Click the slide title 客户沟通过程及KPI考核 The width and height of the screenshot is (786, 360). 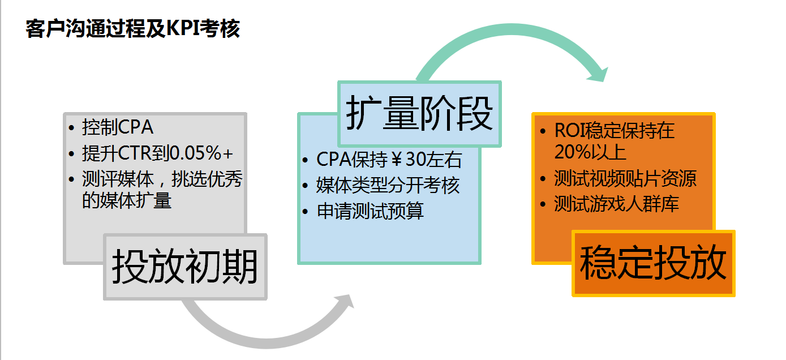(x=132, y=29)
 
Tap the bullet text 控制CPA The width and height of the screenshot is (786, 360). (x=117, y=127)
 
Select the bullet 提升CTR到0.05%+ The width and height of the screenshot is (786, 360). (x=157, y=153)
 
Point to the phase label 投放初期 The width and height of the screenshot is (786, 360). (x=185, y=266)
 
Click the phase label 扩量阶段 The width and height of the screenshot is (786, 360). (x=419, y=113)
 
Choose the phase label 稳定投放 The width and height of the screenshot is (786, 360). (x=653, y=263)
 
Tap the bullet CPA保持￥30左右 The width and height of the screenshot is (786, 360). (x=389, y=160)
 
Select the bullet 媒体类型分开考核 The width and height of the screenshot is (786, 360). (x=388, y=186)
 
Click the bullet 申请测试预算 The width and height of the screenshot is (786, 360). (x=370, y=211)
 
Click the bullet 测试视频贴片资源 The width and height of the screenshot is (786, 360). (x=625, y=179)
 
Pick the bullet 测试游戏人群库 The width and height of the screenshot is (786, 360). (x=616, y=204)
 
